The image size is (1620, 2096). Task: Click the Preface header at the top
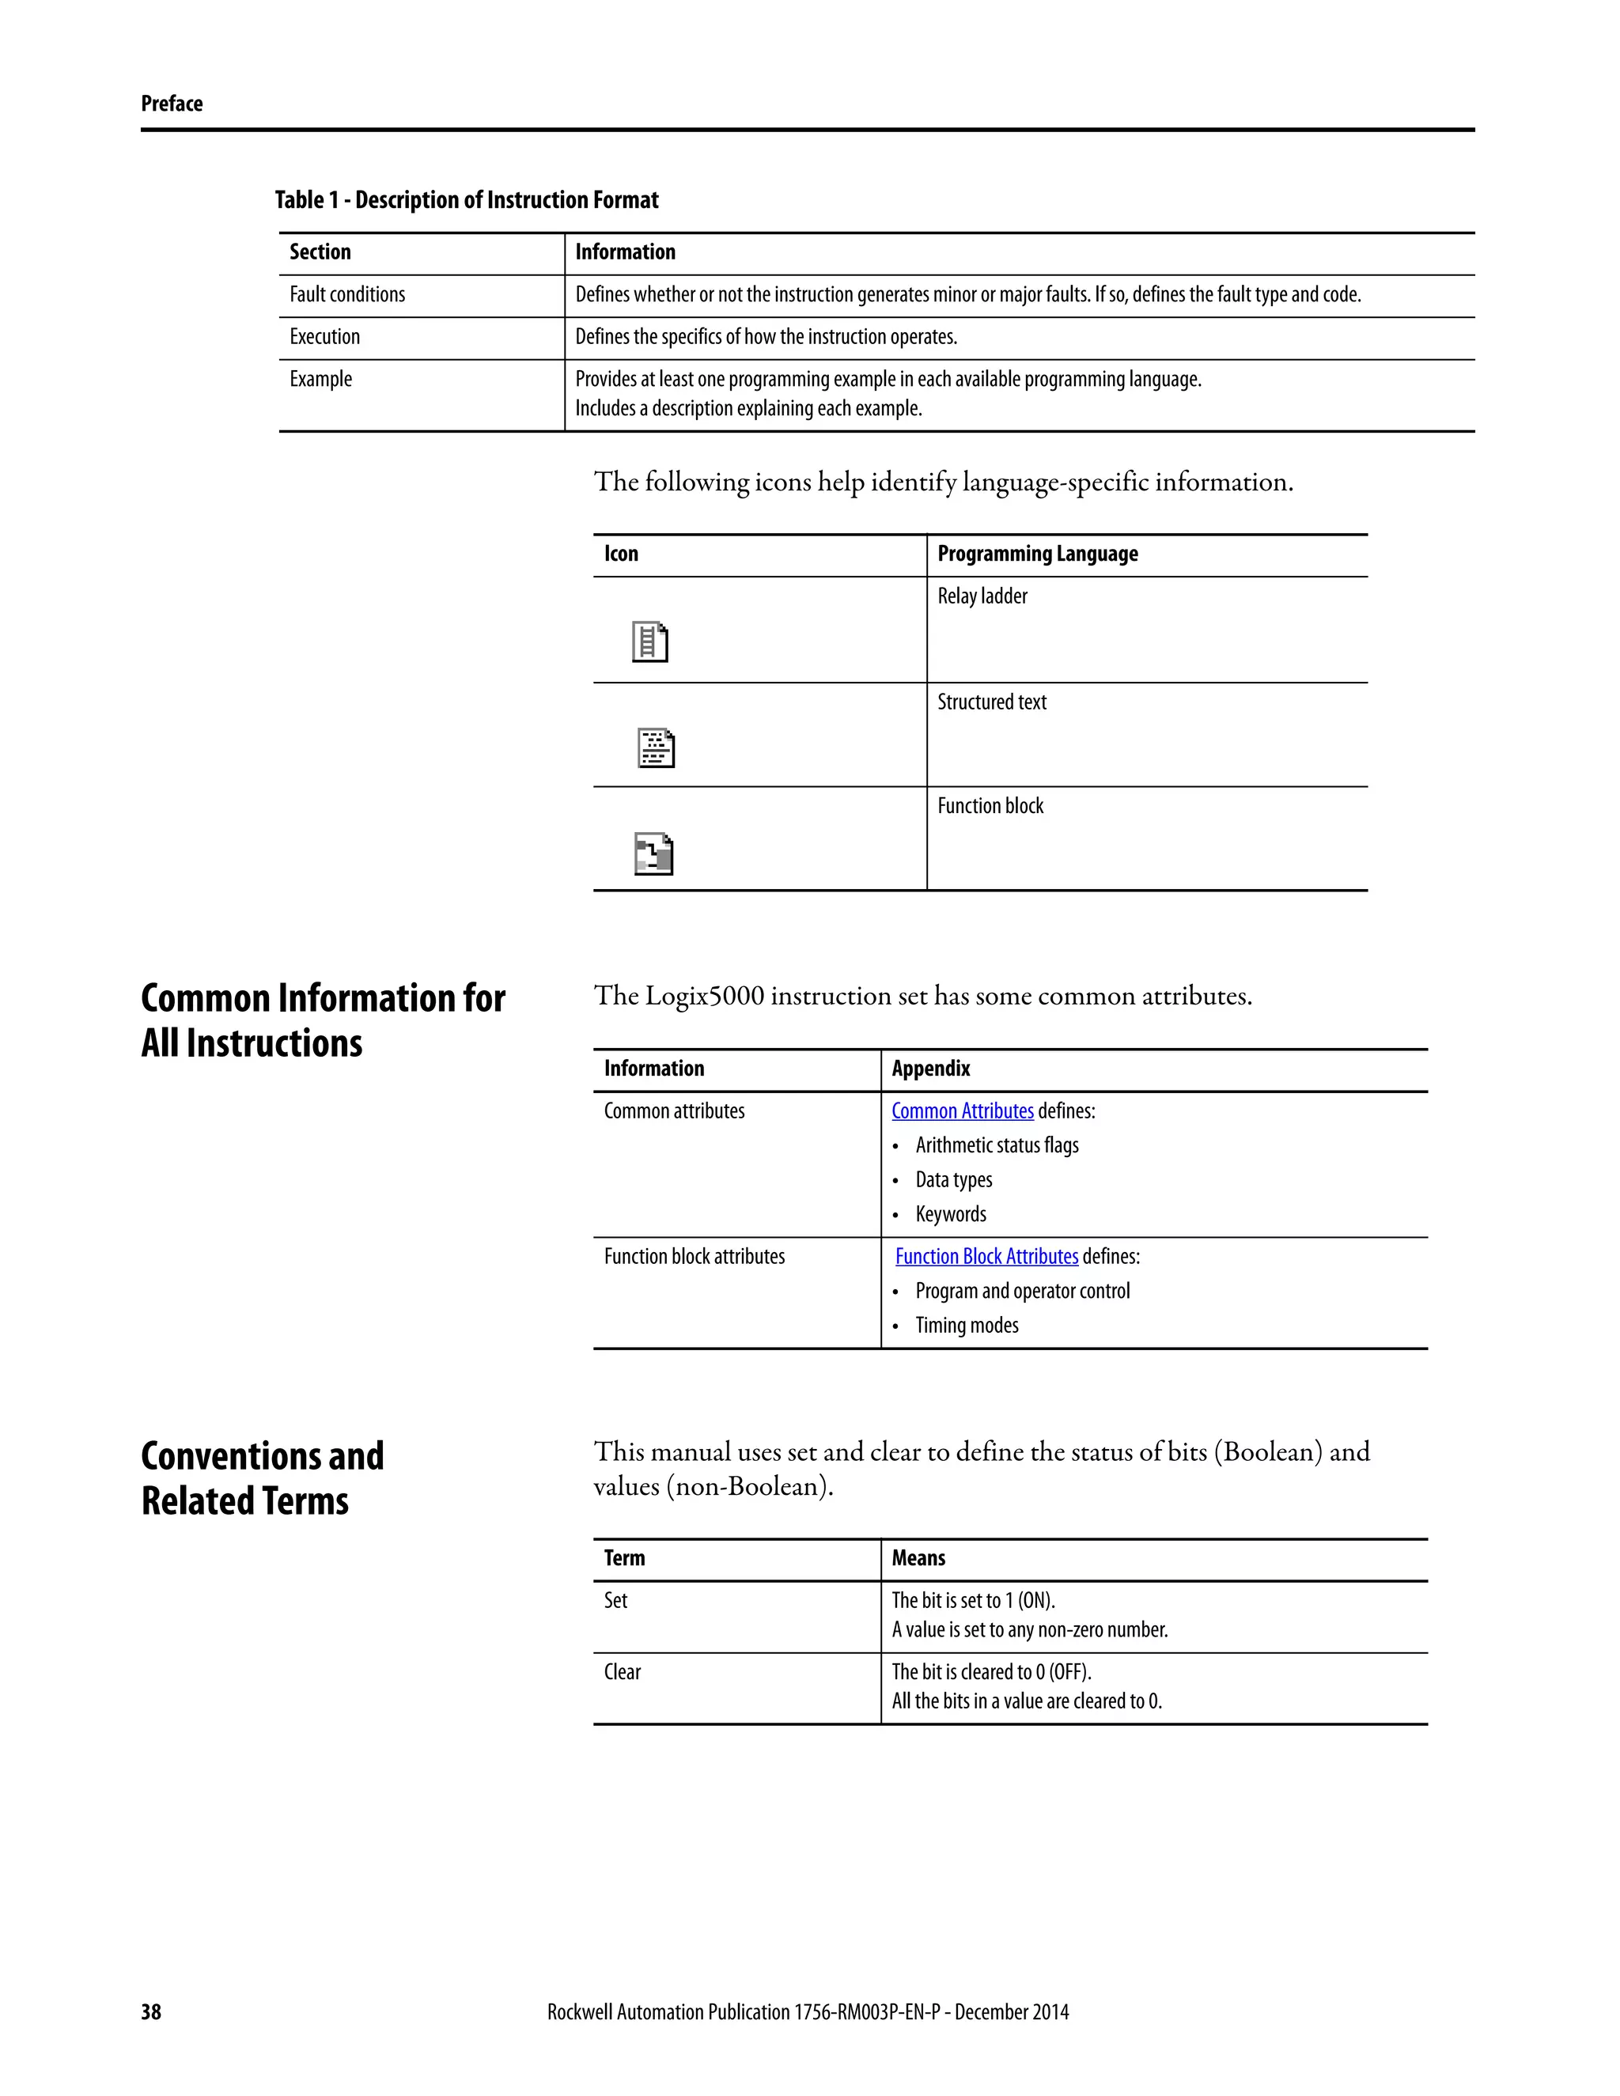click(x=172, y=104)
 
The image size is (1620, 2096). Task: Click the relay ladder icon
click(x=649, y=642)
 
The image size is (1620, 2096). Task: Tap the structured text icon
click(x=656, y=747)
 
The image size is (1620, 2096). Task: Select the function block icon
click(x=653, y=853)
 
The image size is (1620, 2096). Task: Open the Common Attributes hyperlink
click(x=962, y=1111)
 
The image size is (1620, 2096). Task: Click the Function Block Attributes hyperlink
click(x=986, y=1258)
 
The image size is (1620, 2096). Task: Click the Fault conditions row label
click(x=347, y=295)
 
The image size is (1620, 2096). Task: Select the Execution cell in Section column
click(x=324, y=337)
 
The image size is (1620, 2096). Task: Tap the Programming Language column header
click(x=1038, y=554)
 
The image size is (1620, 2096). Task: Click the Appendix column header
click(x=930, y=1069)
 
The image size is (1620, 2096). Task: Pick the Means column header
click(x=918, y=1559)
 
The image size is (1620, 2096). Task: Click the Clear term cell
click(x=622, y=1672)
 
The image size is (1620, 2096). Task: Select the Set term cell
click(x=615, y=1601)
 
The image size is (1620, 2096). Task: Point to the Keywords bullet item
click(x=950, y=1215)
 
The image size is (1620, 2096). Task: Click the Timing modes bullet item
click(x=967, y=1326)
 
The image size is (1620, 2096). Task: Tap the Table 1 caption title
click(x=467, y=201)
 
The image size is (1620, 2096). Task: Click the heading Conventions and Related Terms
click(x=262, y=1479)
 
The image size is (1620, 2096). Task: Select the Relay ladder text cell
click(x=982, y=597)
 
